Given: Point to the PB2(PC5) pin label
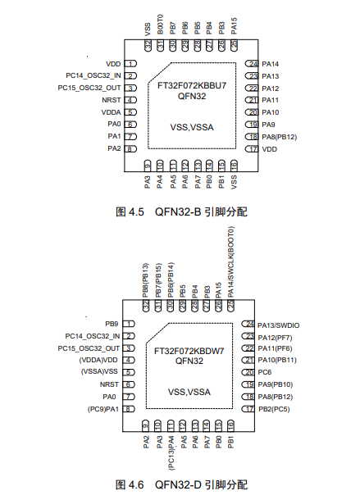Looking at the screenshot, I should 277,408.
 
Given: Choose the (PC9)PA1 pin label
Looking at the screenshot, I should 99,408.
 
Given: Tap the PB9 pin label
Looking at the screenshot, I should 112,325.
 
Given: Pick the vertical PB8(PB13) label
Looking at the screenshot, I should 146,280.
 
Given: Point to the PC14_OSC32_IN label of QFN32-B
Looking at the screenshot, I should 93,75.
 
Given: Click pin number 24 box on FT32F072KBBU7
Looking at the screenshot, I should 253,64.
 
